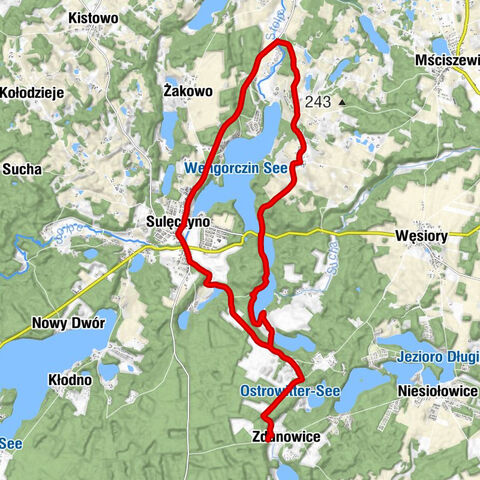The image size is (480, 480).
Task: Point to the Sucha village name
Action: pyautogui.click(x=22, y=170)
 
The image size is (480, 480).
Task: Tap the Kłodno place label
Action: pyautogui.click(x=71, y=380)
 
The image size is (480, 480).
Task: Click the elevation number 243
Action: pyautogui.click(x=318, y=101)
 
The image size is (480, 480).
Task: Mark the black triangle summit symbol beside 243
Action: pyautogui.click(x=341, y=101)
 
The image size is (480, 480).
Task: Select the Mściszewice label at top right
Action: pyautogui.click(x=445, y=60)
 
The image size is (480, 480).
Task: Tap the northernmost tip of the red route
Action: pyautogui.click(x=280, y=44)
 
